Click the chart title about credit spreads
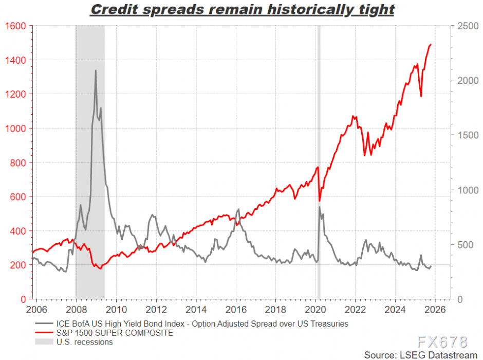click(x=242, y=9)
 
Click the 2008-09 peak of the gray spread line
click(x=96, y=70)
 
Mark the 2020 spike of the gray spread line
click(x=320, y=207)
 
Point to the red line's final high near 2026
click(x=430, y=45)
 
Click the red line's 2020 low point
click(x=320, y=201)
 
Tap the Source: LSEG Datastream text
click(x=419, y=354)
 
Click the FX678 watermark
click(x=442, y=341)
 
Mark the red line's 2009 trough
click(x=100, y=268)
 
